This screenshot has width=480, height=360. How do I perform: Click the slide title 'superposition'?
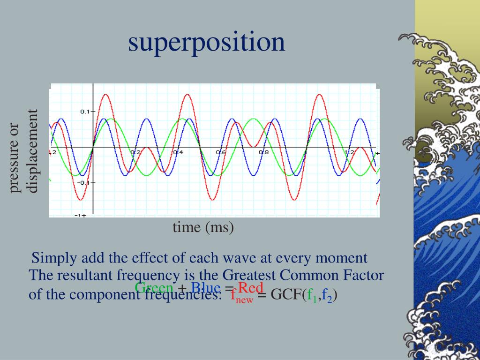tap(206, 42)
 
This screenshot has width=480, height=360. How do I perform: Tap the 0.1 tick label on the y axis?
tap(85, 112)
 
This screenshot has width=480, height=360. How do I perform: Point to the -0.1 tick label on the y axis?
tap(84, 182)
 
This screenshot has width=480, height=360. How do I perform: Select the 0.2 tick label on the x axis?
tap(135, 153)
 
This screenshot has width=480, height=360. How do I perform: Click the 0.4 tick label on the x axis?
tap(178, 153)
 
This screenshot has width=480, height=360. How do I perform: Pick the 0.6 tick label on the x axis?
tap(220, 153)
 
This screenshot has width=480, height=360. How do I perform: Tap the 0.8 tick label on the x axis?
tap(263, 153)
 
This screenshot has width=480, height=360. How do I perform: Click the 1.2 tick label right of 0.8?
tap(349, 153)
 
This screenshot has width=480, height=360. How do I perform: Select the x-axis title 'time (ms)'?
tap(203, 227)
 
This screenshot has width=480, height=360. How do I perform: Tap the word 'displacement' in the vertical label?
tap(32, 151)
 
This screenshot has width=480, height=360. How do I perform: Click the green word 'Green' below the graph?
tap(154, 287)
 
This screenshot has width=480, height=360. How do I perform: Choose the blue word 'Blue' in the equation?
tap(205, 287)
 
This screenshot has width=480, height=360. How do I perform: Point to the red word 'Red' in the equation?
tap(251, 287)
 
